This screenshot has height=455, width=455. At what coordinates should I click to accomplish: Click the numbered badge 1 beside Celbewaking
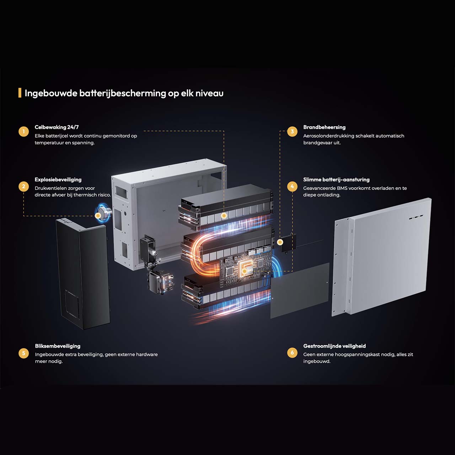24,132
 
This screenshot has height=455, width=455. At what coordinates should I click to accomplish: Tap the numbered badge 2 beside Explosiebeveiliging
24,186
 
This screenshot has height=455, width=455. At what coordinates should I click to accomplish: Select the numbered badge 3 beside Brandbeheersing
292,132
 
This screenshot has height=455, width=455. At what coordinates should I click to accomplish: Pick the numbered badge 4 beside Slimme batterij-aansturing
292,186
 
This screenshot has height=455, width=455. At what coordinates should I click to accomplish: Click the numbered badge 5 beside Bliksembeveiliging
24,353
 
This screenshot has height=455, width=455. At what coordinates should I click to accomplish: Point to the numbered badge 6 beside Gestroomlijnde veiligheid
292,353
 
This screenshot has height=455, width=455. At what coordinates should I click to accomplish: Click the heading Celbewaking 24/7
57,127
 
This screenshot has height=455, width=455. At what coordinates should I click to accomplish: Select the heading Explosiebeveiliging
58,180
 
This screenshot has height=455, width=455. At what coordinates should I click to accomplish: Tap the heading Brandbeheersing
324,127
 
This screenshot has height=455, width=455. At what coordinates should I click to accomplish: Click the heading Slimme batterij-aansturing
336,180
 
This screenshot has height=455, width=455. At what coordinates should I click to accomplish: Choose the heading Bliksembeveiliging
58,346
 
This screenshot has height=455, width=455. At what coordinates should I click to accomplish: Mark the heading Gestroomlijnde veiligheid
334,346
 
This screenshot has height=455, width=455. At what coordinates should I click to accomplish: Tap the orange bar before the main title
20,93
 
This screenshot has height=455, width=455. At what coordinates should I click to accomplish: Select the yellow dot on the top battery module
224,215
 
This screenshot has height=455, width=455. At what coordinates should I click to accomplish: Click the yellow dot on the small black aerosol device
280,242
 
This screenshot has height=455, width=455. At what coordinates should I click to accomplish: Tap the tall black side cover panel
83,274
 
